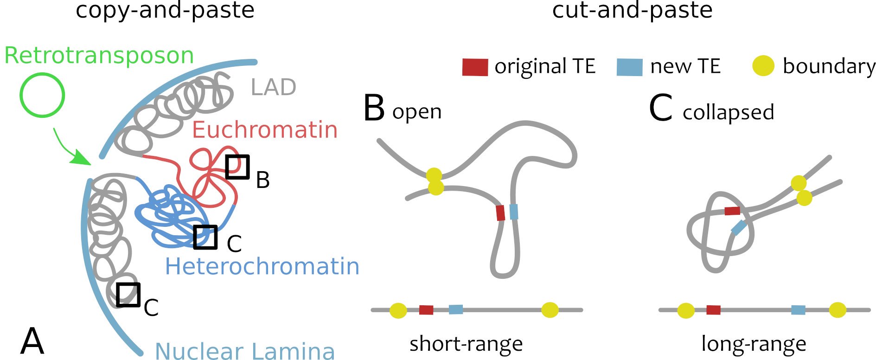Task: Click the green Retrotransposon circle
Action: [42, 95]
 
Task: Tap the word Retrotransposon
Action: [99, 55]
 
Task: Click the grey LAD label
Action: [273, 87]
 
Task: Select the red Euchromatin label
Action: [265, 129]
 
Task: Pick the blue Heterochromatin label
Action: [262, 267]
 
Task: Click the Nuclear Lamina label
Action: [244, 351]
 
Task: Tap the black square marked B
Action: [237, 167]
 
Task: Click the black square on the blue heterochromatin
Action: [205, 237]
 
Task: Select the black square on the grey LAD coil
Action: [128, 295]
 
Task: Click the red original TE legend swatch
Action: [475, 67]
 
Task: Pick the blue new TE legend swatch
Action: [629, 67]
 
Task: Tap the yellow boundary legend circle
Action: [763, 66]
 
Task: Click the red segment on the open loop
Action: [500, 213]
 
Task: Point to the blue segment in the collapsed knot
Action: [739, 227]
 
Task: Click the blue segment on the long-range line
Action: [798, 310]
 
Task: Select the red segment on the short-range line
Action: [426, 310]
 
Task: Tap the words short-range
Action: [466, 344]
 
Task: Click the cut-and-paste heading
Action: [632, 10]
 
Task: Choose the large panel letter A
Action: [32, 341]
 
